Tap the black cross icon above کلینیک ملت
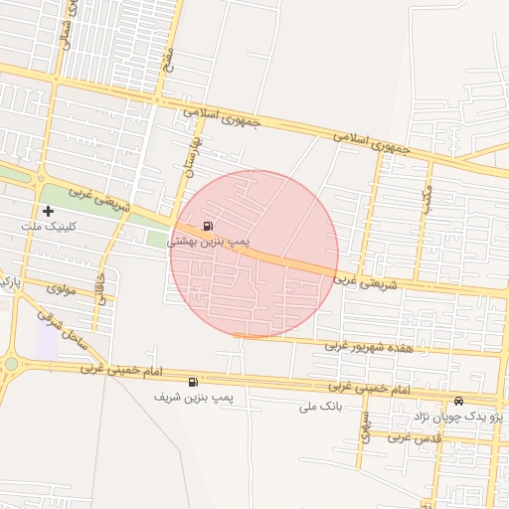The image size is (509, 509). (x=47, y=211)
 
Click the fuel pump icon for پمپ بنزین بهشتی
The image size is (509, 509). (x=206, y=226)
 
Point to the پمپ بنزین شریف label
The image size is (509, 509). (x=193, y=398)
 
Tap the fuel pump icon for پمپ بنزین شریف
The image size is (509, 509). (x=192, y=382)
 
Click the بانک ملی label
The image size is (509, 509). (x=320, y=407)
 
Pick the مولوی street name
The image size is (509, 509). (x=62, y=288)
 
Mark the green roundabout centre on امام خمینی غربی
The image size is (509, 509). (x=11, y=365)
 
